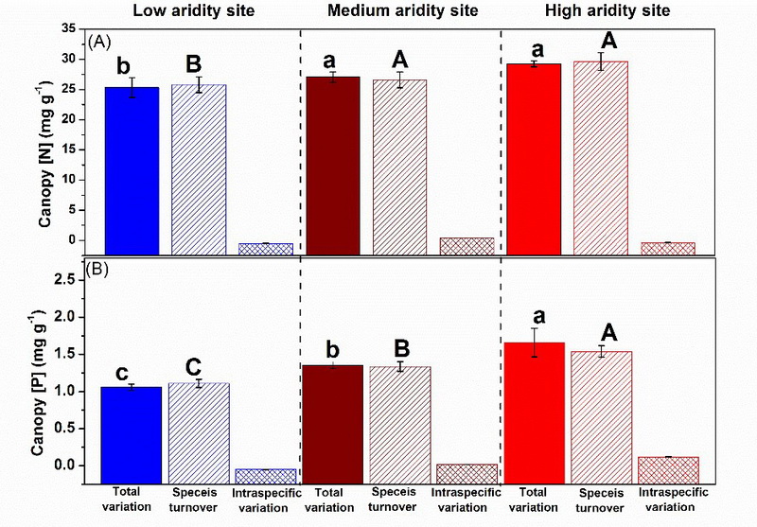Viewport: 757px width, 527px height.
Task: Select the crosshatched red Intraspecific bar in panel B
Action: tap(668, 469)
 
